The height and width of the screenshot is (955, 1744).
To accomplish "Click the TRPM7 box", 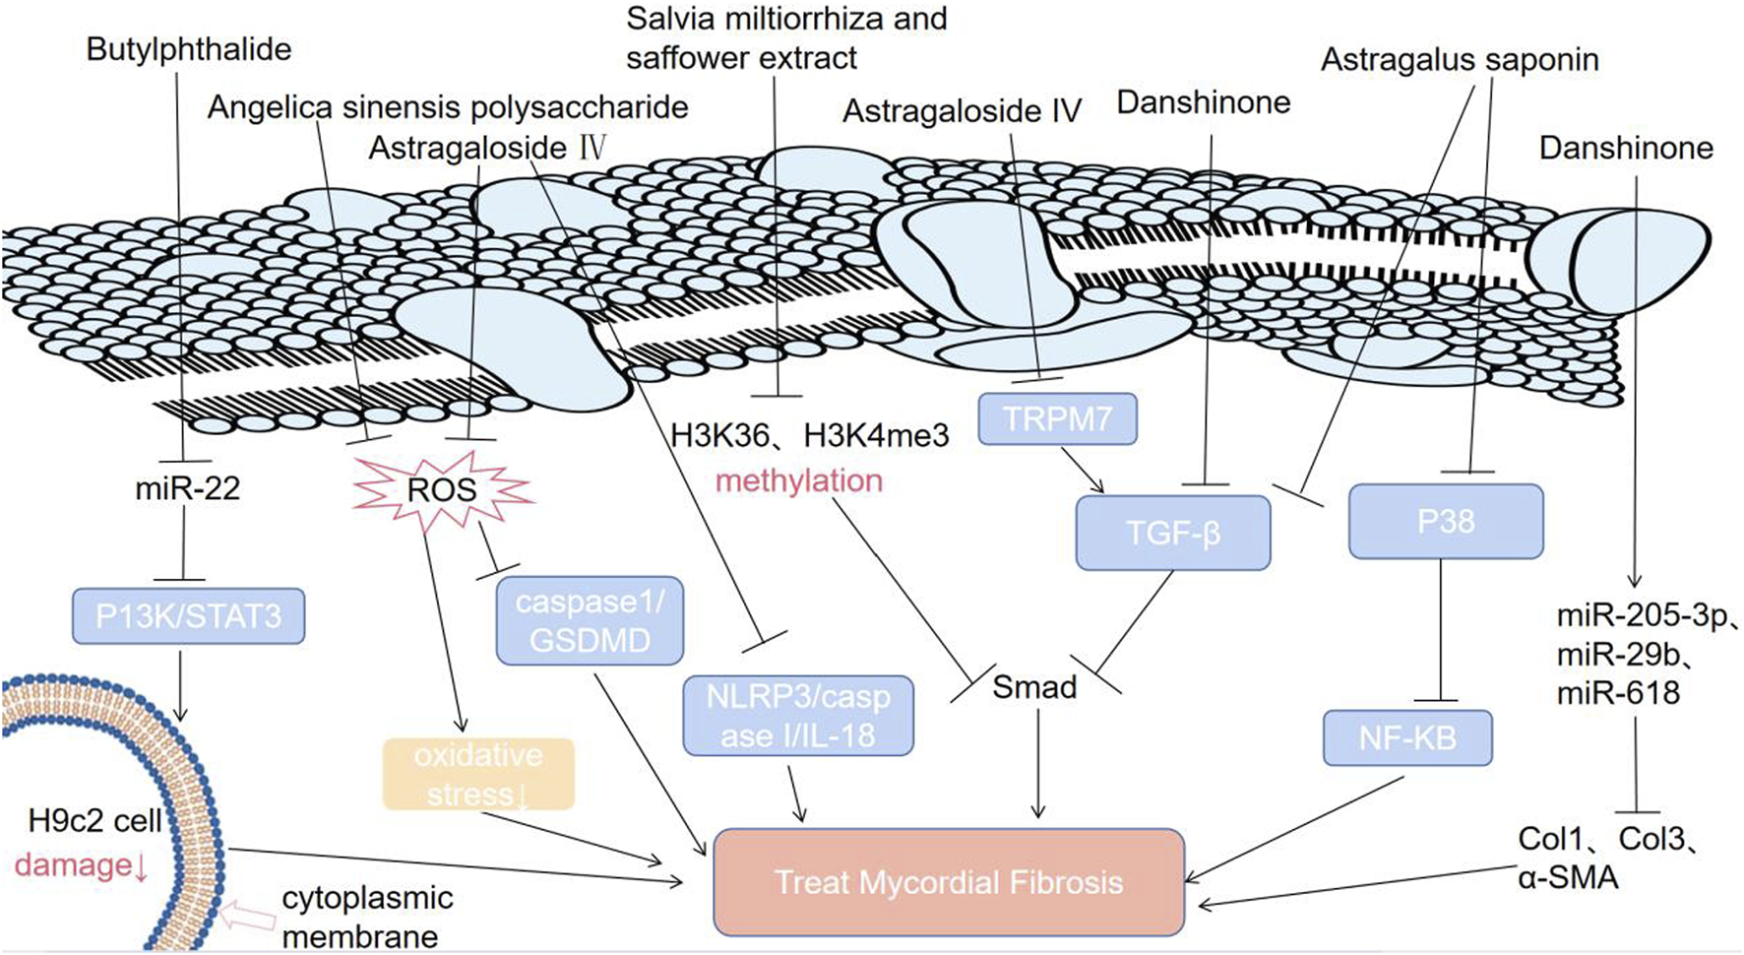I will (x=1057, y=418).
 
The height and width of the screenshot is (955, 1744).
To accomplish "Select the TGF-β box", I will (x=1173, y=533).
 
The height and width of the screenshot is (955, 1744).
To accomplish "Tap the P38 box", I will (x=1445, y=521).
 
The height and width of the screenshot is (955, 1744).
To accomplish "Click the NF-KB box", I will (x=1407, y=737).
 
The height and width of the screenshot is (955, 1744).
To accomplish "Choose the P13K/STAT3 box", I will (x=188, y=616).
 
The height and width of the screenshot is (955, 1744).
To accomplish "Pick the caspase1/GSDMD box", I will (x=590, y=620).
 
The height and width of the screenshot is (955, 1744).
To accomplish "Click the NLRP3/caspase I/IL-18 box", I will (x=797, y=716).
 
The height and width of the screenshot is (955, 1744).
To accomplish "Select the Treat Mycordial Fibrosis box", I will (x=948, y=881).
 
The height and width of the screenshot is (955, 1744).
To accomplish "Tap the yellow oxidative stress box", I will (x=478, y=774).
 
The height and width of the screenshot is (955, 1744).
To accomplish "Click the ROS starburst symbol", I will (x=442, y=489).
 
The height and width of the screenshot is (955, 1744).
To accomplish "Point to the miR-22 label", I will (x=187, y=488).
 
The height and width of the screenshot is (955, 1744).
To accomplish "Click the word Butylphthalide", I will (x=189, y=49).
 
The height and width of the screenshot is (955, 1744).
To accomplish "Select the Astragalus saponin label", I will (x=1459, y=60).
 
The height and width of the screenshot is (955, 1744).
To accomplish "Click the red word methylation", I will (x=798, y=480).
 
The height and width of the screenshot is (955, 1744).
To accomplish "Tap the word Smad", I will (x=1033, y=686).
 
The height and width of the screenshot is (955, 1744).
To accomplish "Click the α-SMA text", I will (x=1567, y=876).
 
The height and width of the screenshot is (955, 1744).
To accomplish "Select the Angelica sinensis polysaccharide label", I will (x=447, y=106).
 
